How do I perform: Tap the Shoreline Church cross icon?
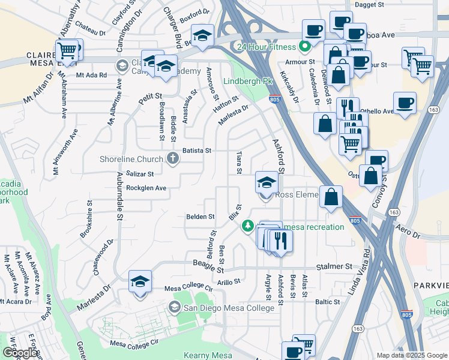point(173,159)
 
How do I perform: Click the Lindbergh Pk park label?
point(244,81)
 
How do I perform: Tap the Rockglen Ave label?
point(146,188)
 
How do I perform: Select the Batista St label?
point(197,150)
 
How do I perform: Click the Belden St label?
point(200,216)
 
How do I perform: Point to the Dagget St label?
point(369,4)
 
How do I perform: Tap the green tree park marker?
point(247,226)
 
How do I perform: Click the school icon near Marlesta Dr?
point(140,281)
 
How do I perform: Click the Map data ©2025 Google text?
point(411,355)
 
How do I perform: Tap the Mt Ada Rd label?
point(91,75)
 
